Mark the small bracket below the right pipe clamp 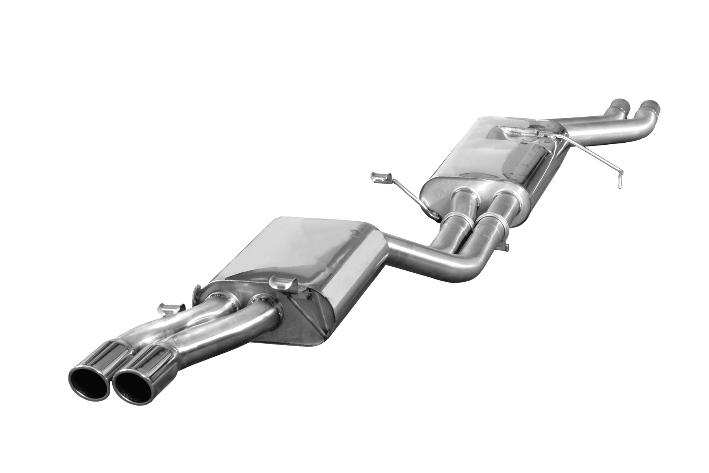[x=505, y=247]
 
